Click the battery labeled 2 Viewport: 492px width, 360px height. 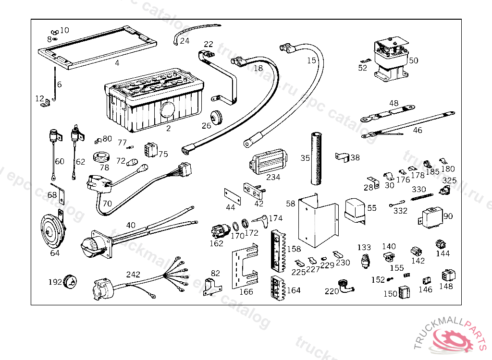click(154, 103)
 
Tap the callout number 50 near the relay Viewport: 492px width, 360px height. click(414, 60)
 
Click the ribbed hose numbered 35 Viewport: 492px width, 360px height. click(316, 159)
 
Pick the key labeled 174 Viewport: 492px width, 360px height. click(261, 221)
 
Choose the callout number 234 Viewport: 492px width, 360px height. click(273, 178)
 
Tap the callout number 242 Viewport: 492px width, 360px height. click(133, 275)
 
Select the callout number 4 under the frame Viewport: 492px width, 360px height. click(117, 63)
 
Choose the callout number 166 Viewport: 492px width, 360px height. click(246, 291)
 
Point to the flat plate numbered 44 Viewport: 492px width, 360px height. click(233, 196)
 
